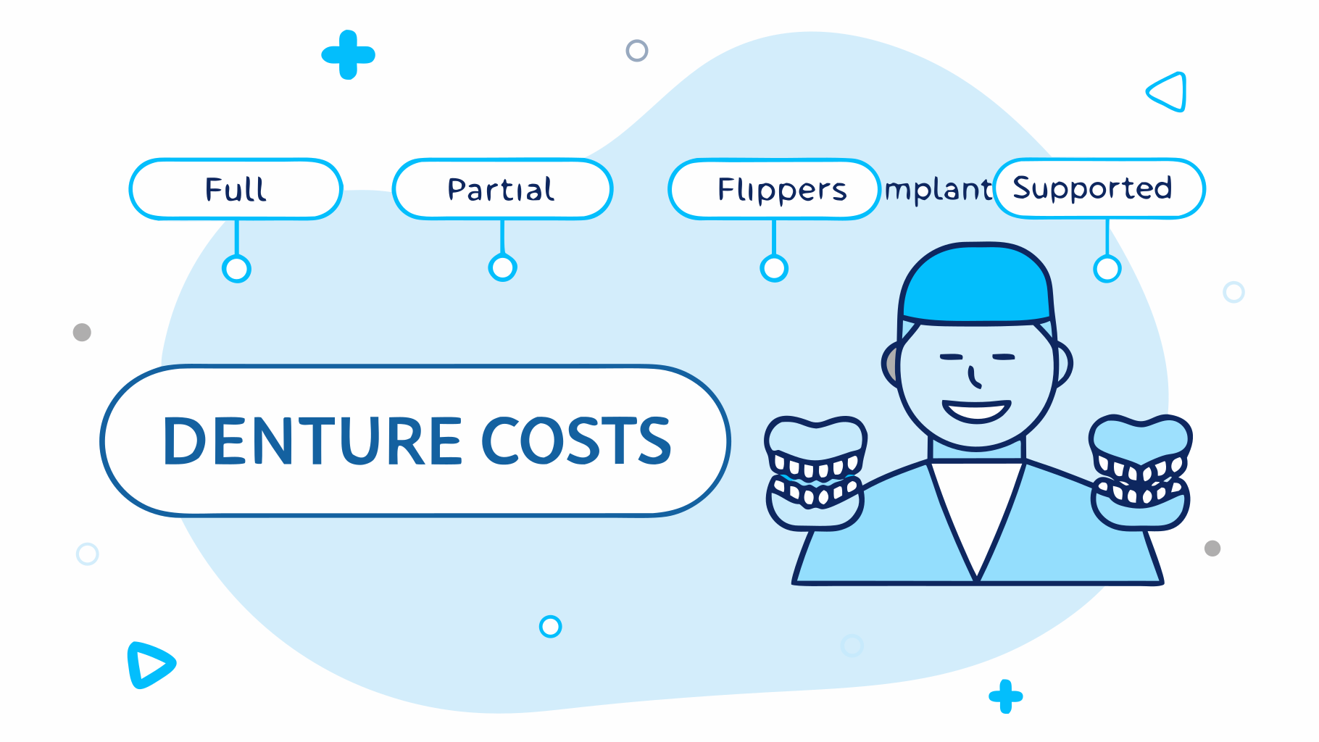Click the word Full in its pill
(236, 189)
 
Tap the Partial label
(501, 189)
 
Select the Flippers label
(781, 189)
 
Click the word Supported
(1092, 188)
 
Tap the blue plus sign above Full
(349, 54)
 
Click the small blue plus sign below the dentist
(1005, 696)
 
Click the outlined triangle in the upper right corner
(1169, 92)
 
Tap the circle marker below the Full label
(236, 269)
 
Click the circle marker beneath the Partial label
(502, 268)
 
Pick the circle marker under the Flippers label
(774, 269)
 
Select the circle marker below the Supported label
(1107, 269)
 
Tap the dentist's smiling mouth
(976, 412)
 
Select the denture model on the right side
(1141, 472)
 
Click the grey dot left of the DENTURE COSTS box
(82, 332)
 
